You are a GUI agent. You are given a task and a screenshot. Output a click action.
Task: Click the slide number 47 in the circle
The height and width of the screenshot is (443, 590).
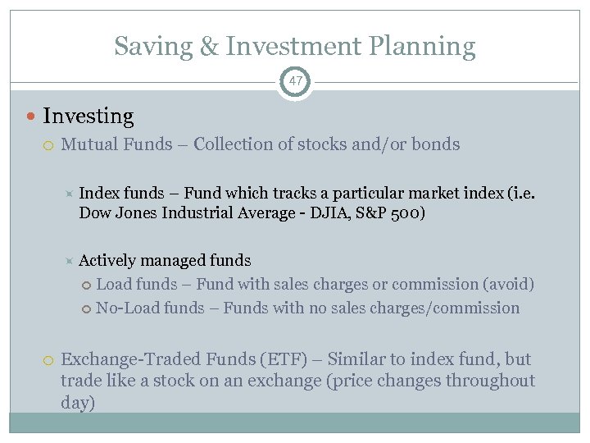point(295,82)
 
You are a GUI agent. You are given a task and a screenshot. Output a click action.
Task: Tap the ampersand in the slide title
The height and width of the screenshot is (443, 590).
point(210,46)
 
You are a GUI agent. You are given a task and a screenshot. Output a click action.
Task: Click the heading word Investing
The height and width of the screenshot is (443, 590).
point(88,117)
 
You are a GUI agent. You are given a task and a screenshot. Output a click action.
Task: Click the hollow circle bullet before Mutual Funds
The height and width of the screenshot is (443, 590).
point(48,145)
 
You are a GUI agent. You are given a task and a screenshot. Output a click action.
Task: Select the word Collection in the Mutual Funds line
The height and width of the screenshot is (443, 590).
point(235,144)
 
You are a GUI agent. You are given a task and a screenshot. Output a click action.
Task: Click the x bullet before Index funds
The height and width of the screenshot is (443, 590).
point(70,194)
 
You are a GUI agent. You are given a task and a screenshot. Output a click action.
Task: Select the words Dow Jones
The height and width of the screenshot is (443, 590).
point(114,213)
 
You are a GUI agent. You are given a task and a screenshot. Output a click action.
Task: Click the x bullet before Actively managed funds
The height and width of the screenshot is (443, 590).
point(70,261)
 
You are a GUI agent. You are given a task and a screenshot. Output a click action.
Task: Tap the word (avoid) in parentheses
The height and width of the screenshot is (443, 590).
point(508,285)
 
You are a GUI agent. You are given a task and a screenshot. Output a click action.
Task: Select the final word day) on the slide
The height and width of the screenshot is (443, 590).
point(78,403)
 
